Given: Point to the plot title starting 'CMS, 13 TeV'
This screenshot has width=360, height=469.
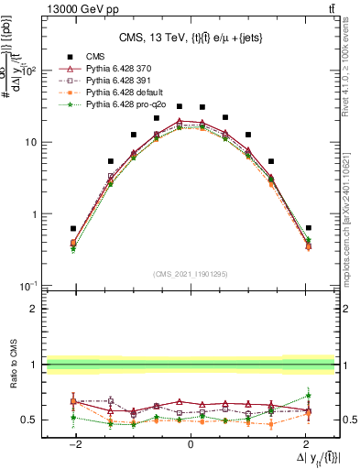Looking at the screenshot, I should [190, 38].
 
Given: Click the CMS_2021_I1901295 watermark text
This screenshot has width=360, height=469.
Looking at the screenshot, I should [190, 274].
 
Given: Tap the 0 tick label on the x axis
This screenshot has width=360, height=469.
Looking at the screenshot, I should [190, 443].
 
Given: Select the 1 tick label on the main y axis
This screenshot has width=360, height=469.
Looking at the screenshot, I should [37, 214].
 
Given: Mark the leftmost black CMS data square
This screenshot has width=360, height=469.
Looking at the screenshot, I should [73, 228].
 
